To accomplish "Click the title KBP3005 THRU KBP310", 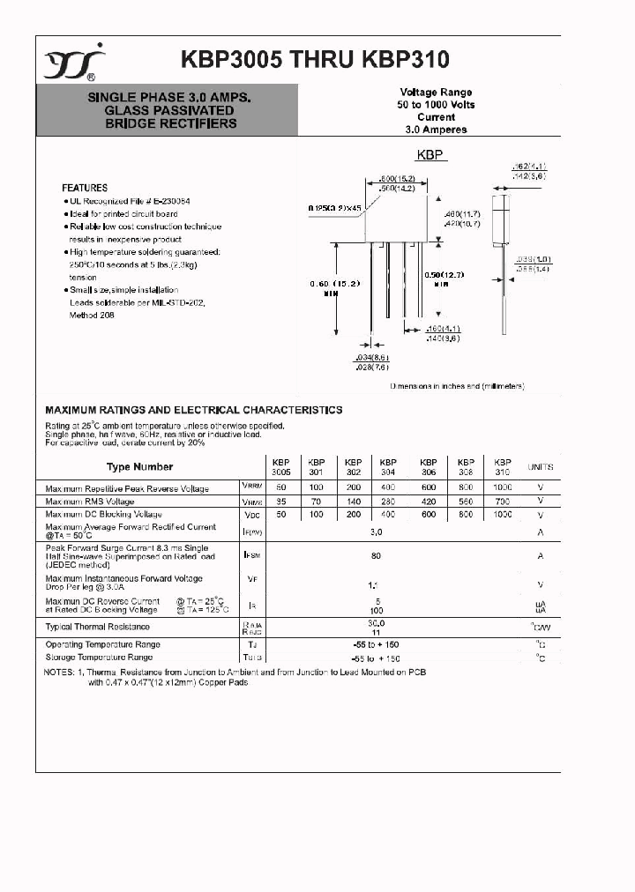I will [315, 59].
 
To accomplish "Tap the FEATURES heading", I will [85, 188].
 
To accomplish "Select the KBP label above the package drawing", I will [430, 155].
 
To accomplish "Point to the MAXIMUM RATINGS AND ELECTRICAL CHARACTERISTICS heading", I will [194, 410].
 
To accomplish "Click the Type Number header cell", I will [140, 467].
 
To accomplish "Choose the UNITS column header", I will [540, 467].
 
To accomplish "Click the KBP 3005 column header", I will [280, 466].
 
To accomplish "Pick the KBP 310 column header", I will [502, 466].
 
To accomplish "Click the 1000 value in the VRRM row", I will [502, 487].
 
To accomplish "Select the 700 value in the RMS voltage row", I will [502, 501].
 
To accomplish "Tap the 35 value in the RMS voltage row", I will [280, 501].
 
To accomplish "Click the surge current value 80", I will [376, 556].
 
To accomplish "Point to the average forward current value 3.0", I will [376, 532].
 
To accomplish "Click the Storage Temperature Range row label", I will [99, 658].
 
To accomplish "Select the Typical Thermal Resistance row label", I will [97, 627].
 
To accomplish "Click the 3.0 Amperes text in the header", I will [436, 130].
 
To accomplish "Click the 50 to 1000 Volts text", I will [436, 104].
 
